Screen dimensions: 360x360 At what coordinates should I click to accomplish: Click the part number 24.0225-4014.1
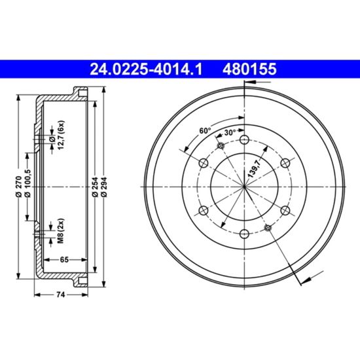(146, 69)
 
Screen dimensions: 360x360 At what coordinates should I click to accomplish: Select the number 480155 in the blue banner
(249, 69)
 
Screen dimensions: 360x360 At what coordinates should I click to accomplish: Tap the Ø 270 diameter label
(19, 187)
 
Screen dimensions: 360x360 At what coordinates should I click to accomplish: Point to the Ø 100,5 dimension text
(27, 183)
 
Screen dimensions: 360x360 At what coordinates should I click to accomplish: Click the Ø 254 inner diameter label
(96, 187)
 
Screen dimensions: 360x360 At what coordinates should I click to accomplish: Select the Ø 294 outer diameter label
(104, 187)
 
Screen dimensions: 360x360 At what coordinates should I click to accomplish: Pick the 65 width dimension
(64, 259)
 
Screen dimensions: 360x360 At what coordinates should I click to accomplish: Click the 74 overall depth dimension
(61, 295)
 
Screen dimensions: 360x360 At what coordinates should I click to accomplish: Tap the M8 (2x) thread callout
(61, 231)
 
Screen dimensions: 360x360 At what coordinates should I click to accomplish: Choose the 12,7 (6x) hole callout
(61, 135)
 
